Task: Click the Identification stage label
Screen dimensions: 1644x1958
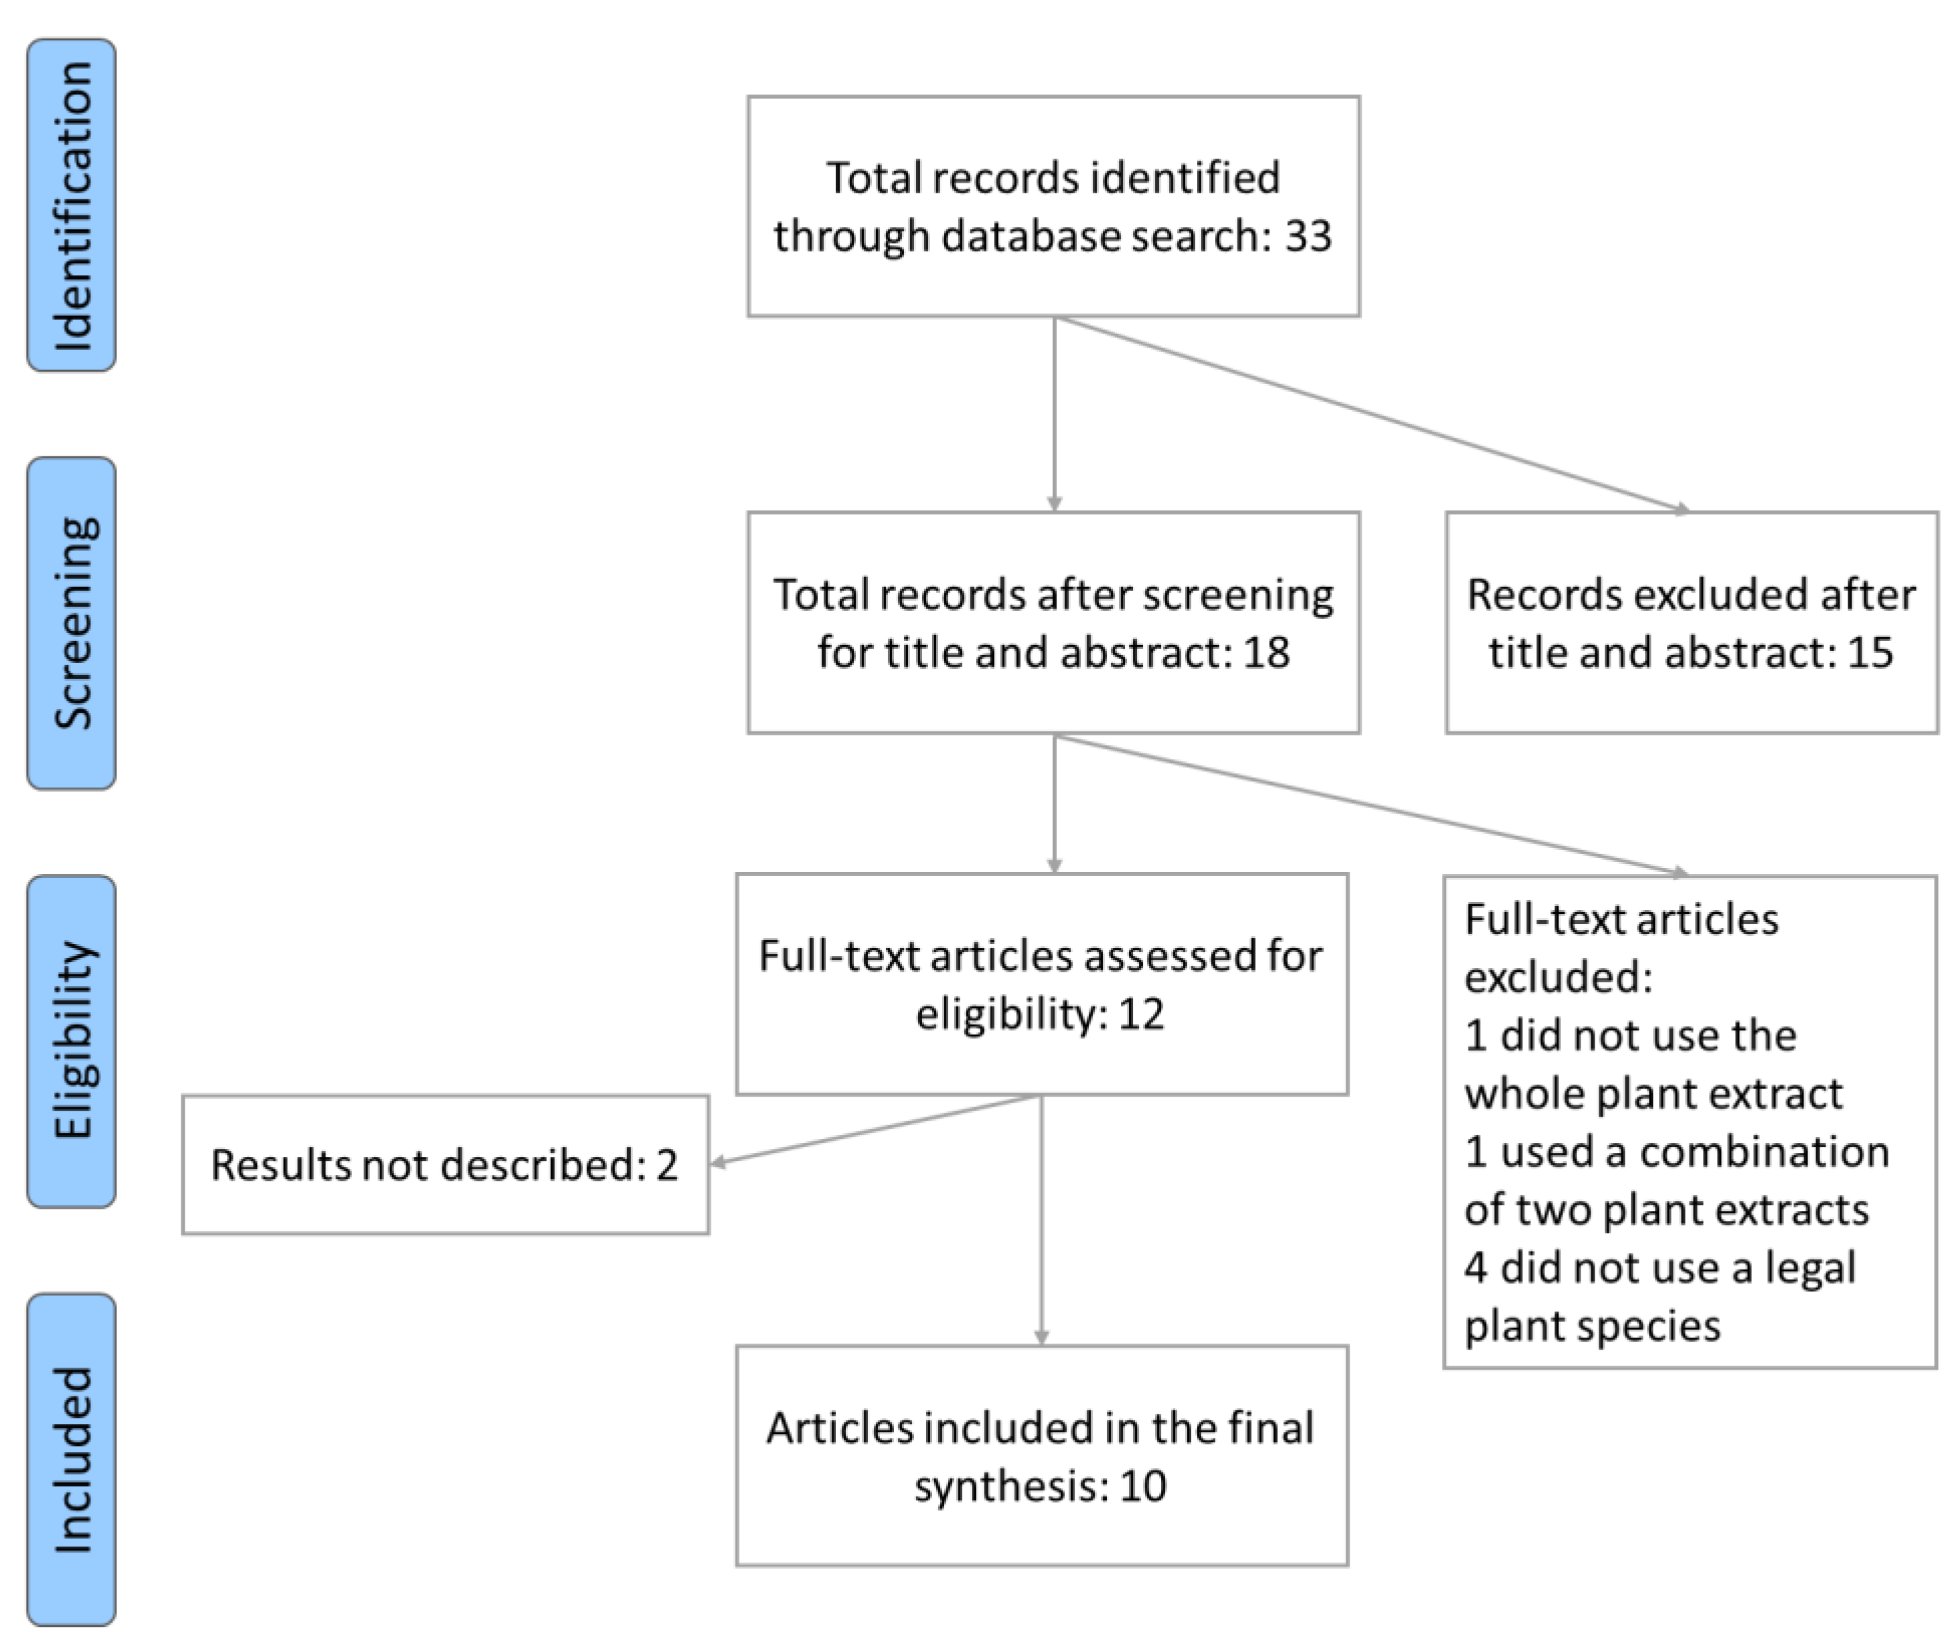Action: coord(72,205)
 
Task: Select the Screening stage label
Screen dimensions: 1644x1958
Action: coord(72,623)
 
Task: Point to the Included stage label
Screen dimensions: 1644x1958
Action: coord(72,1460)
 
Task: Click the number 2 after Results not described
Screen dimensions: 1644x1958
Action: coord(666,1166)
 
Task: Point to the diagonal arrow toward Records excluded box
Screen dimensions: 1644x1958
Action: coord(1370,415)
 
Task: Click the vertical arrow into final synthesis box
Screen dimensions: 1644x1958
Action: coord(1041,1222)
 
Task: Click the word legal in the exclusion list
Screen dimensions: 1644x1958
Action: coord(1809,1268)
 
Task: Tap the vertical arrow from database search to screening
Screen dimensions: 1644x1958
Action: coord(1055,415)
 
